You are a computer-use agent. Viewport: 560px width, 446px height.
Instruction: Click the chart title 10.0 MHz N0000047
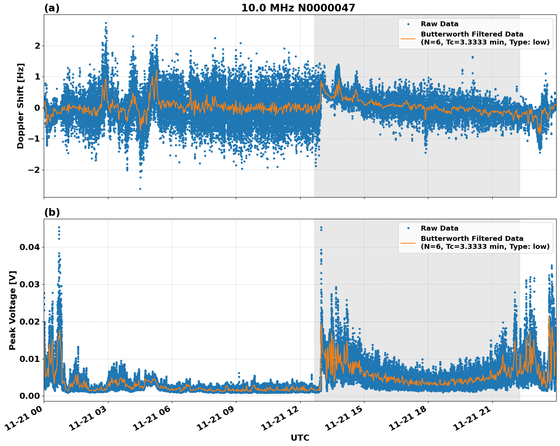[x=298, y=8]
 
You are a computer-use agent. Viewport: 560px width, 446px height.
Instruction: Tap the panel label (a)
[x=52, y=8]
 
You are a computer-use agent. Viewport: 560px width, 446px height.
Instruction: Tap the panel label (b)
[x=52, y=212]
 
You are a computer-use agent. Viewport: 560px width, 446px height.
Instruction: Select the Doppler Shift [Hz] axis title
[x=21, y=106]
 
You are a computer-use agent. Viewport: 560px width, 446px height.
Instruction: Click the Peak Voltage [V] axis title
[x=13, y=310]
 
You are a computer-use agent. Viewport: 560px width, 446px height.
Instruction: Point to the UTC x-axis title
[x=300, y=438]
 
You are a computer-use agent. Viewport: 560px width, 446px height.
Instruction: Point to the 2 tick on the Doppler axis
[x=37, y=46]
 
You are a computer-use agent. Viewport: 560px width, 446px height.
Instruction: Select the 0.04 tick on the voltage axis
[x=29, y=247]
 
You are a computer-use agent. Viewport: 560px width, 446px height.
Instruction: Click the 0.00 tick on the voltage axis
[x=29, y=396]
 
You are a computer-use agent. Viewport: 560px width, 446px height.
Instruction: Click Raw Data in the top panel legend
[x=439, y=24]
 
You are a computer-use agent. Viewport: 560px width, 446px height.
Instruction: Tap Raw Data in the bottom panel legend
[x=439, y=228]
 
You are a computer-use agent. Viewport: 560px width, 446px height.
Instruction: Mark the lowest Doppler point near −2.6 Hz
[x=140, y=189]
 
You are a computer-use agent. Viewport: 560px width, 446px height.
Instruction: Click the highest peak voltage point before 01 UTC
[x=59, y=227]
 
